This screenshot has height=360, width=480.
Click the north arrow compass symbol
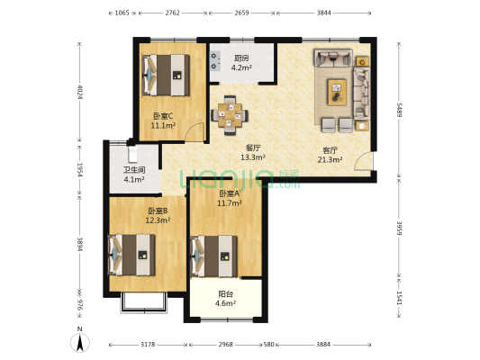click(x=80, y=342)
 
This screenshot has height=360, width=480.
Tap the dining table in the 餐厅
click(x=230, y=115)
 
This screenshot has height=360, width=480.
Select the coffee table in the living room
click(x=337, y=92)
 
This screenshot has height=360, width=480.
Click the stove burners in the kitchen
click(x=215, y=61)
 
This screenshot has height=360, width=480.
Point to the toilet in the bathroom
click(x=132, y=154)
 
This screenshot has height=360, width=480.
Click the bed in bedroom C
click(x=166, y=75)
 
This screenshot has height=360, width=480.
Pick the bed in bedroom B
click(x=131, y=255)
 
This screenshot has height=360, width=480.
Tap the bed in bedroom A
click(x=213, y=256)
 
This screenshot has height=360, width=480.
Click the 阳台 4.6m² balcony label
click(x=225, y=299)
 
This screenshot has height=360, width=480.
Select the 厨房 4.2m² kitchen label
click(x=241, y=63)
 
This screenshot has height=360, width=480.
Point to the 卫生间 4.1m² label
click(x=134, y=175)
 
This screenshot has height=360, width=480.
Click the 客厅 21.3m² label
click(x=330, y=155)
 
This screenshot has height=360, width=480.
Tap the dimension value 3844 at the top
click(x=324, y=13)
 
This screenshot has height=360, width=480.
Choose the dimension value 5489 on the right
click(x=399, y=110)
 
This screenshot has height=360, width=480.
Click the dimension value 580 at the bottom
click(x=268, y=345)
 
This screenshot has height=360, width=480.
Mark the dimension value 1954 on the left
click(x=79, y=170)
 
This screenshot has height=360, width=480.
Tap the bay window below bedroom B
click(x=144, y=302)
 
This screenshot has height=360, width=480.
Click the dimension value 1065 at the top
click(x=122, y=13)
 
